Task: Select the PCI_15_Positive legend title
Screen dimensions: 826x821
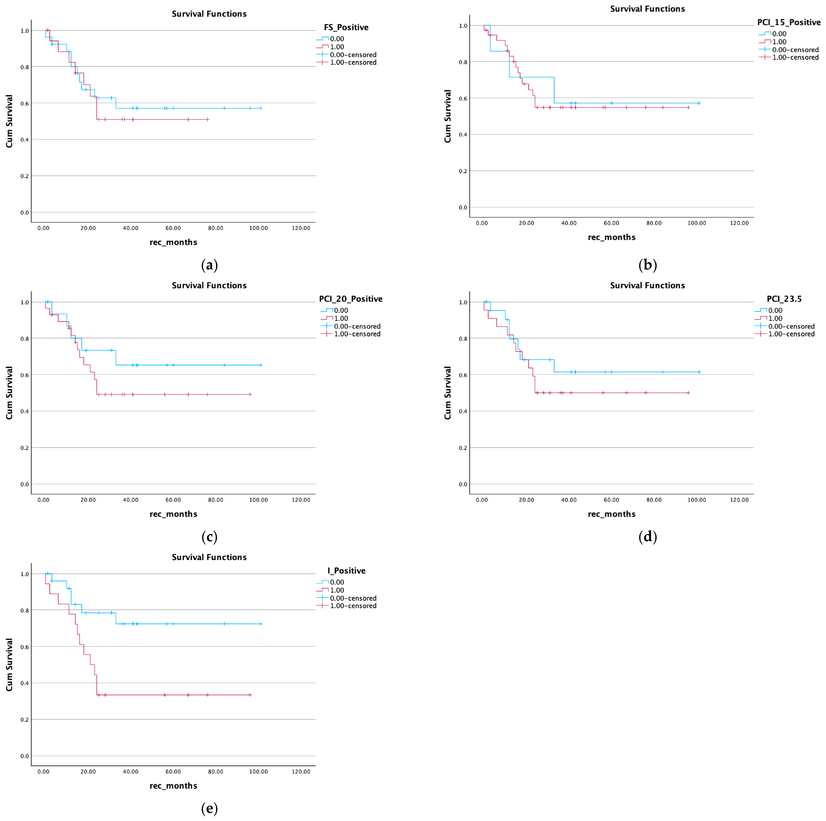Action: [789, 22]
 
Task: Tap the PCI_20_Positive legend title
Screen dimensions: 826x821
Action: [351, 299]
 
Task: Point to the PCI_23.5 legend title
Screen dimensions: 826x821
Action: [784, 299]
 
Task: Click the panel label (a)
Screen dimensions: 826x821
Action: [209, 265]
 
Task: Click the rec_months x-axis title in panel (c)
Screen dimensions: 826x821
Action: [173, 514]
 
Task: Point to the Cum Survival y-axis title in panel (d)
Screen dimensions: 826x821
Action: [448, 393]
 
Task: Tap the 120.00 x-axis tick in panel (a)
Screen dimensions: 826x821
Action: [301, 228]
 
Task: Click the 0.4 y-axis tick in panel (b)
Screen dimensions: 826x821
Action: [463, 135]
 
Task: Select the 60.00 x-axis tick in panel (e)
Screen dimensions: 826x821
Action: [173, 772]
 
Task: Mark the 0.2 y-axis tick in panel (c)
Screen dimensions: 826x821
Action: [25, 448]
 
